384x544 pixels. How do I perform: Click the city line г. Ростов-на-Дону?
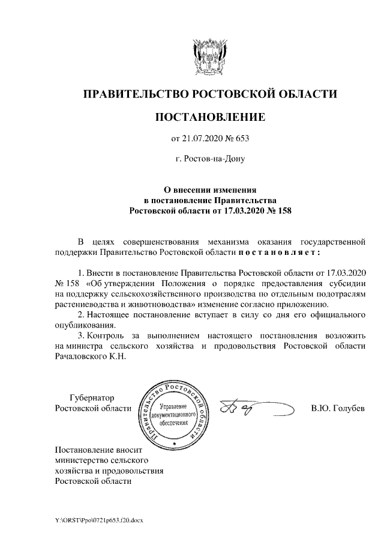point(209,160)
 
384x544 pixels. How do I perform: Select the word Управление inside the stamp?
point(174,407)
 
